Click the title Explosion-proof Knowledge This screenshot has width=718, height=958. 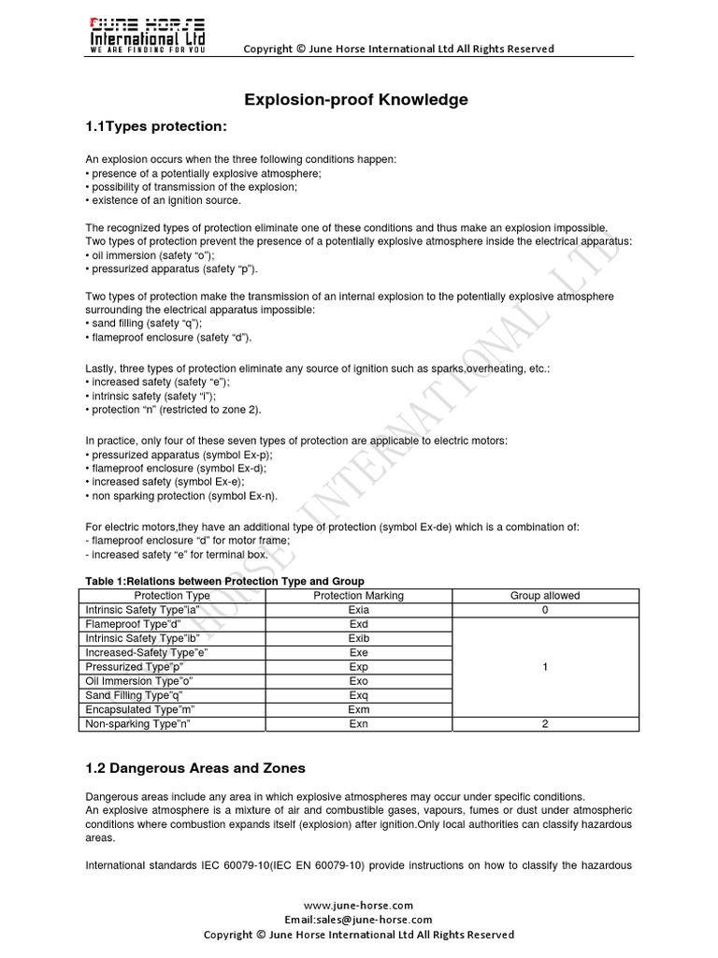356,99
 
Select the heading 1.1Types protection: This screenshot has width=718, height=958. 156,126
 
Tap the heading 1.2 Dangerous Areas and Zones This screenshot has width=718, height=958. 194,768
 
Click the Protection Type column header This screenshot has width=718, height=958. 172,595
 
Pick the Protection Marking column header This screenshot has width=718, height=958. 358,595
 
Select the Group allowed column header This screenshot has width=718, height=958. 544,595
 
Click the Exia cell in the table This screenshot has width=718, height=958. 358,610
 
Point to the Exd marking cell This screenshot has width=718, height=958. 358,624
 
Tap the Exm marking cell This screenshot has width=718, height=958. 358,709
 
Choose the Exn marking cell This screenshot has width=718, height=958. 358,723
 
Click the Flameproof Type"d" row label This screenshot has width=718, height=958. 134,624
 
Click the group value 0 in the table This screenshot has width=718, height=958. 544,610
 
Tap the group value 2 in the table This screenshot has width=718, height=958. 544,723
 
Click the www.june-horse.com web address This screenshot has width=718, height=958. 359,906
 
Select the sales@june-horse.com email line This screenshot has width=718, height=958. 359,920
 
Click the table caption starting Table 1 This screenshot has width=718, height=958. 224,581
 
